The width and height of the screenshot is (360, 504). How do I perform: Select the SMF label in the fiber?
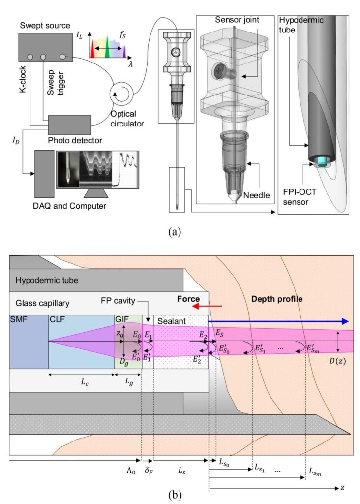(19, 320)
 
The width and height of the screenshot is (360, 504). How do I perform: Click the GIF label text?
(121, 320)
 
